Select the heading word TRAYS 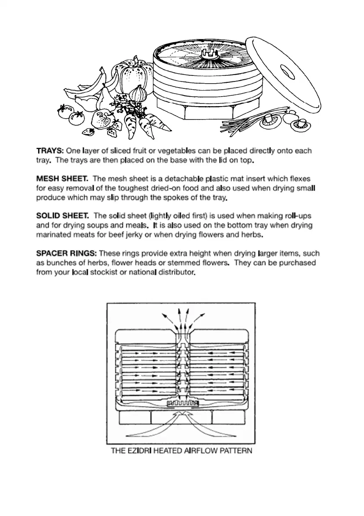pyautogui.click(x=50, y=151)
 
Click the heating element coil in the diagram pyautogui.click(x=184, y=404)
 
